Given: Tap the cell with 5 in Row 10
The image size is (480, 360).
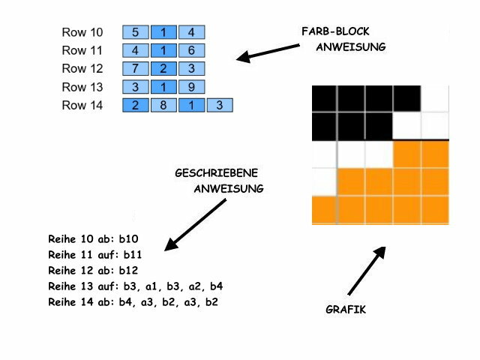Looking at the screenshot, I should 136,33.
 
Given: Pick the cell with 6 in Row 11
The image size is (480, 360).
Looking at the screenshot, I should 192,51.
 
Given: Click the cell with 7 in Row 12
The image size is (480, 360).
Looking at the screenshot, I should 136,69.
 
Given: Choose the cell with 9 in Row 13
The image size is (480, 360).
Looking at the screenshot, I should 192,87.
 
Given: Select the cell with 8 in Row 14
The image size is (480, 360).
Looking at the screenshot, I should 163,106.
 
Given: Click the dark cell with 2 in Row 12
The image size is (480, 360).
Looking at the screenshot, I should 163,69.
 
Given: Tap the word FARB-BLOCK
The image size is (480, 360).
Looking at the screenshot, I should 335,31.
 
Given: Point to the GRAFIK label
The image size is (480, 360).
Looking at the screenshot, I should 346,309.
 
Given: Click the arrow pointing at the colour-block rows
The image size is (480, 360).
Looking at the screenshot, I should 267,52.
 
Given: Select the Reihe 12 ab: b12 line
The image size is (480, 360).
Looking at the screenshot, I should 93,271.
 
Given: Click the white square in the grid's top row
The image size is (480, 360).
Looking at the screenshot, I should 435,97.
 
